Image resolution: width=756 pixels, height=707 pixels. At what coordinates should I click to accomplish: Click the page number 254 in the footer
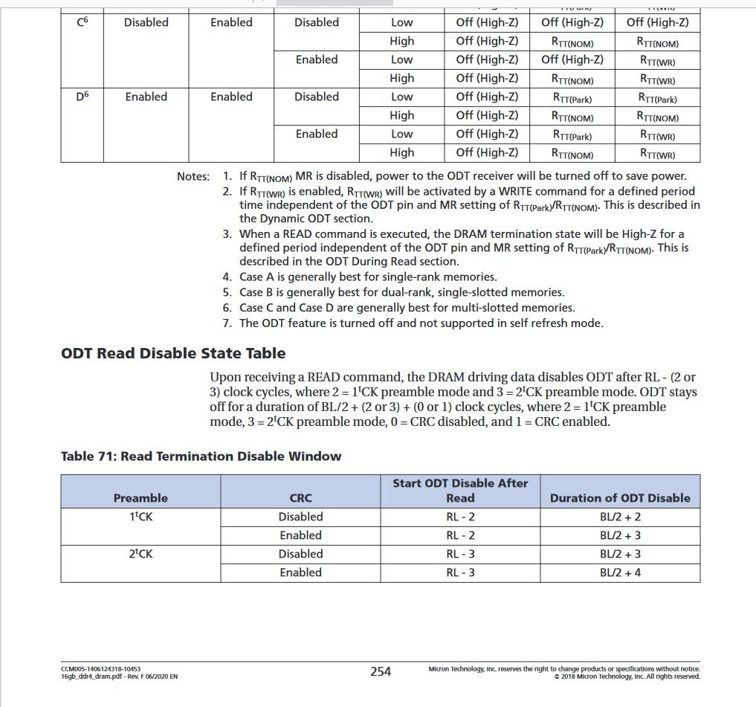(381, 671)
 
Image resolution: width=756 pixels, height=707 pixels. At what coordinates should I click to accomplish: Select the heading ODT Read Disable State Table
(173, 353)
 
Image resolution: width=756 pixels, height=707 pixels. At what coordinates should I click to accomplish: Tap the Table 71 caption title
(201, 456)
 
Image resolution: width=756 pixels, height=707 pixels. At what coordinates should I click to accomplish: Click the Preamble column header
(140, 498)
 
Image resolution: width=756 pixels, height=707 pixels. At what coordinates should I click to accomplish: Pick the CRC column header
(300, 498)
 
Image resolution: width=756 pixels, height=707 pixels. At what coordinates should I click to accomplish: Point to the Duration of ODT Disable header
(620, 498)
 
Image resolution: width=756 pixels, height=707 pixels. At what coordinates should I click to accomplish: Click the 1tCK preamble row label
(140, 517)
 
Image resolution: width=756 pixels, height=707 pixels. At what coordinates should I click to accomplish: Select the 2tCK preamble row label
(140, 554)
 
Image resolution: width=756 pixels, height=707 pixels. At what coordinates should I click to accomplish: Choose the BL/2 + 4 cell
(620, 572)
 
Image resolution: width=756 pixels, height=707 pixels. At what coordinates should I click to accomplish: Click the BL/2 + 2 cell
(620, 517)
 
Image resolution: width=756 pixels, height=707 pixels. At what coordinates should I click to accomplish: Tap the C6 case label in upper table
(83, 22)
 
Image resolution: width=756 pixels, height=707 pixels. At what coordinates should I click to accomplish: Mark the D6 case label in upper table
(83, 97)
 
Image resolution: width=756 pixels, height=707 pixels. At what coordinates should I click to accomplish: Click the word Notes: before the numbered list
(193, 177)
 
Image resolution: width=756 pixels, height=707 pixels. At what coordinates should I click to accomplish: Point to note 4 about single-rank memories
(367, 277)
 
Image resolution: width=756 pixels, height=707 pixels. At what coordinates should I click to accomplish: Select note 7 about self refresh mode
(421, 323)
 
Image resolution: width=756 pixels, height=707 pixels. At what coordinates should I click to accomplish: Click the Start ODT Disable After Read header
(460, 491)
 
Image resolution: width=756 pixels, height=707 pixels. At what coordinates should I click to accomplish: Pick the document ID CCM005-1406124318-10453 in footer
(101, 669)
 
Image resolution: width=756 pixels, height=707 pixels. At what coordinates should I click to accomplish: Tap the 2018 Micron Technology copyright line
(627, 677)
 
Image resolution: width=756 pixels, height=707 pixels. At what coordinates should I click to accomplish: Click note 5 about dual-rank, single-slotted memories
(401, 292)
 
